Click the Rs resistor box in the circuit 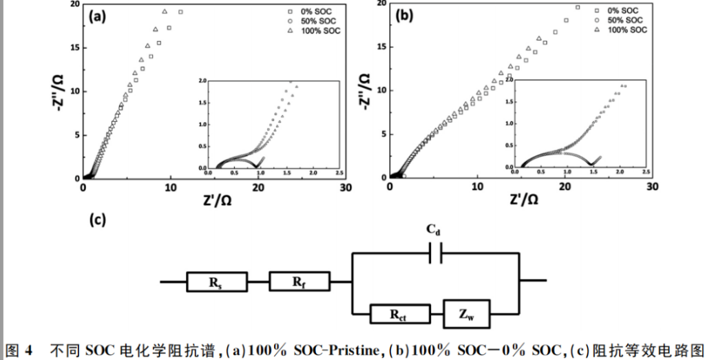pyautogui.click(x=216, y=282)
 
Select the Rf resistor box pyautogui.click(x=298, y=281)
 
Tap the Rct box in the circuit pyautogui.click(x=399, y=314)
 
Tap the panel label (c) pyautogui.click(x=98, y=220)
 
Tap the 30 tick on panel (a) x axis pyautogui.click(x=345, y=187)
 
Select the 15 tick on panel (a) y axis pyautogui.click(x=74, y=47)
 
